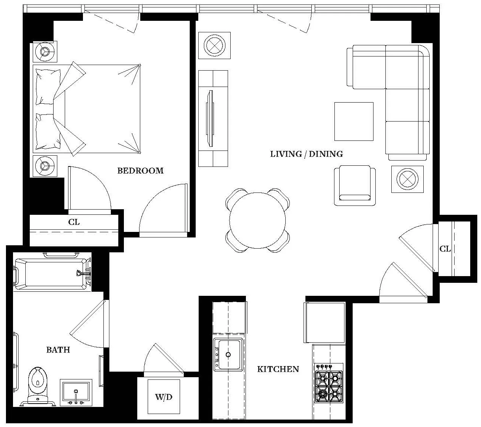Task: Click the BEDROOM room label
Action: [x=140, y=171]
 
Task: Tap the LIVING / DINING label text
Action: [x=306, y=154]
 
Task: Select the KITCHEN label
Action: [x=278, y=369]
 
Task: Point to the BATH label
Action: [x=58, y=350]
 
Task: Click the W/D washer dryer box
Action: [x=164, y=397]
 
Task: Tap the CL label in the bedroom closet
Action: [x=74, y=222]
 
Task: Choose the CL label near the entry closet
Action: [x=445, y=249]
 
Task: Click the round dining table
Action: [x=257, y=220]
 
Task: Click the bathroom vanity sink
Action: [x=76, y=392]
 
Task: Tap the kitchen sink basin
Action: [x=228, y=355]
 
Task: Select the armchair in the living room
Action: [x=355, y=185]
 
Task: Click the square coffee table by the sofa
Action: [x=353, y=122]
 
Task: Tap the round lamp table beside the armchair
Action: [x=407, y=179]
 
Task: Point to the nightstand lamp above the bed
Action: [x=45, y=51]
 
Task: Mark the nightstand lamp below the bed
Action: [x=45, y=166]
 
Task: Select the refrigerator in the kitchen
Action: [x=324, y=322]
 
